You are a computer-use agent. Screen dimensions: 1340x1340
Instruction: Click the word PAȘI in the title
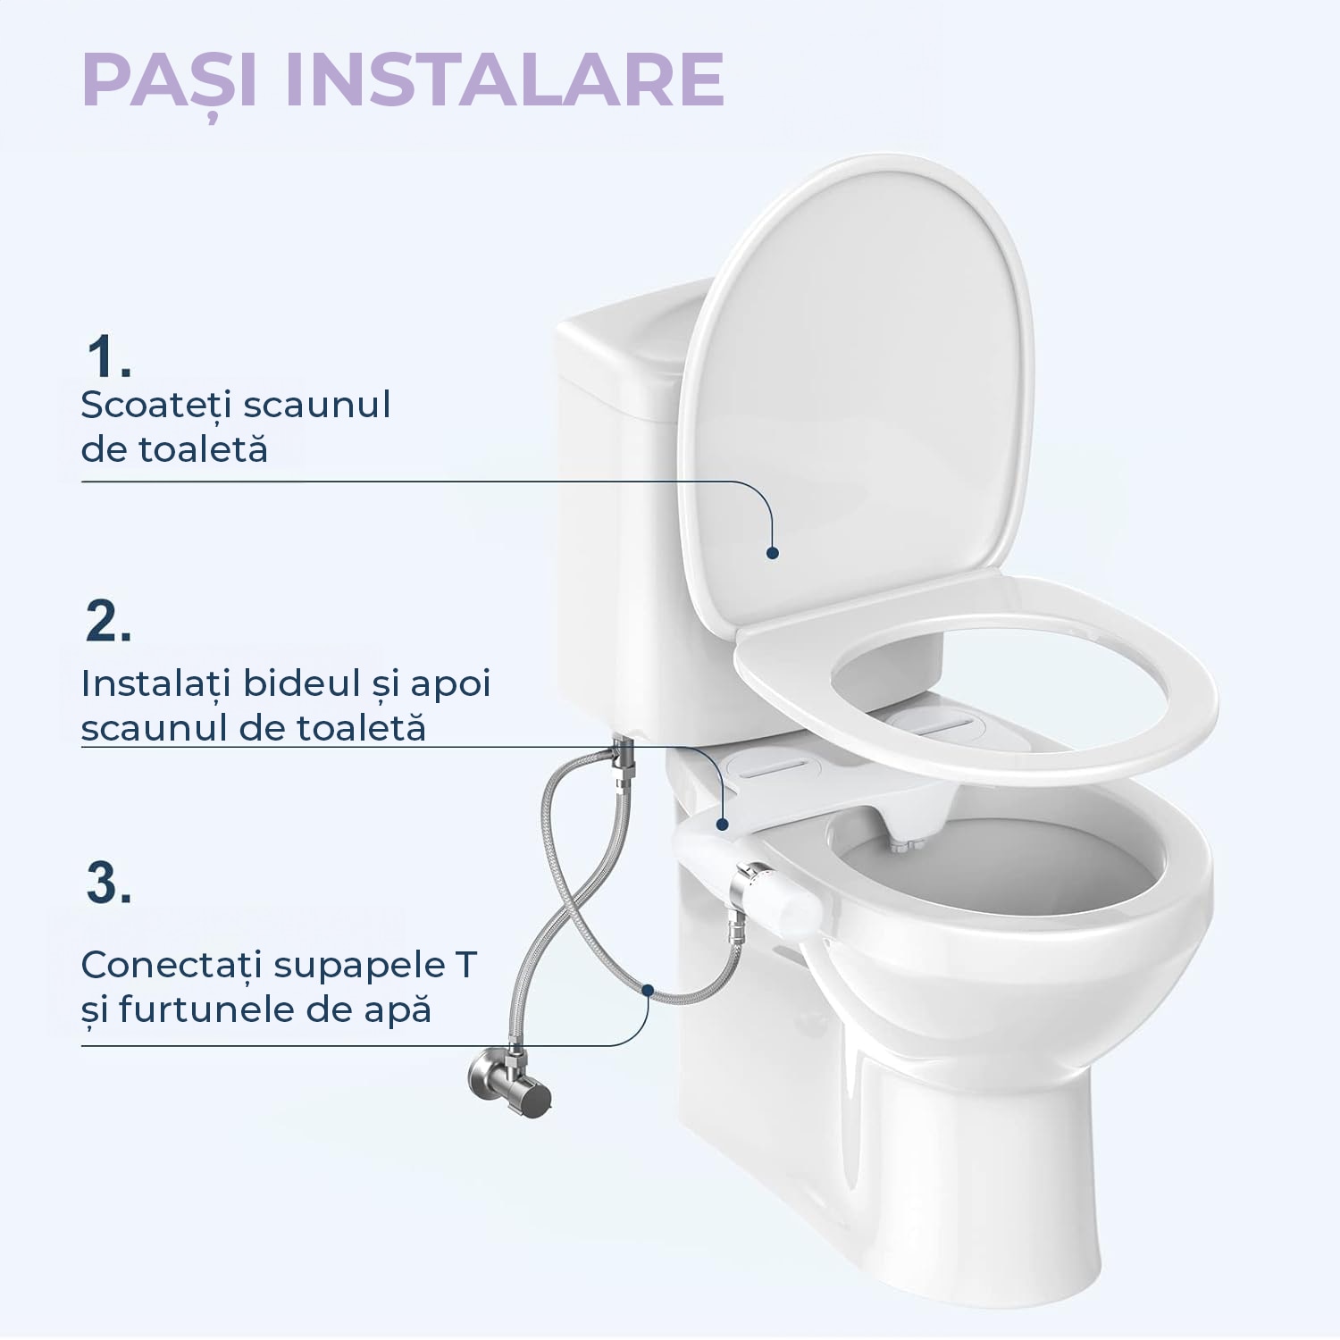[x=169, y=80]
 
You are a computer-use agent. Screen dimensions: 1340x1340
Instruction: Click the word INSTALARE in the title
[x=504, y=80]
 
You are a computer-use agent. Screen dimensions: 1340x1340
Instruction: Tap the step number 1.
[x=107, y=356]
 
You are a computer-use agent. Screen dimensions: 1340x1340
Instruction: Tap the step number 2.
[x=108, y=620]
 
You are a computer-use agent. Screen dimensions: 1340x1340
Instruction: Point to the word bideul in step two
[x=301, y=683]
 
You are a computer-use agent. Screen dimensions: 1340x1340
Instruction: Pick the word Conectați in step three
[x=172, y=965]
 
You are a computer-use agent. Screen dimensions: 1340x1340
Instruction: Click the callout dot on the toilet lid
[x=773, y=553]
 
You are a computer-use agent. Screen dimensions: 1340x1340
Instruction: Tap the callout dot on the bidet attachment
[x=723, y=824]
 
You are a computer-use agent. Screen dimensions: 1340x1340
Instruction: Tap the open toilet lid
[x=858, y=384]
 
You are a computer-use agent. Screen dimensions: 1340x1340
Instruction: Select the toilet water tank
[x=616, y=536]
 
